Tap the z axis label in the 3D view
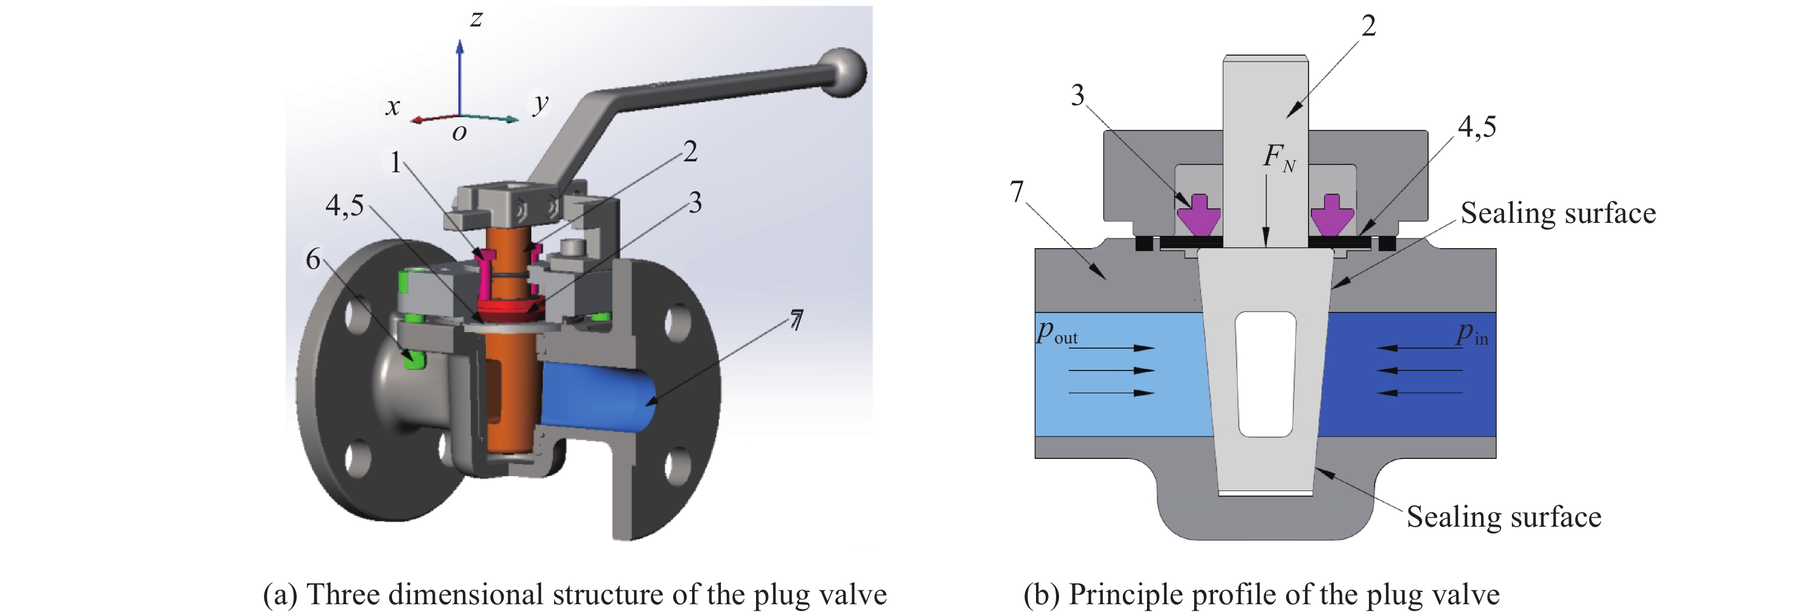476,19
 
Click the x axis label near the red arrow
392,106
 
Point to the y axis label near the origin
539,103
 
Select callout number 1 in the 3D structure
396,163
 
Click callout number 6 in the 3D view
313,259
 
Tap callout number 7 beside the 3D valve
796,320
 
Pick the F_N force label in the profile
1278,157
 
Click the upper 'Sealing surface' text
1557,214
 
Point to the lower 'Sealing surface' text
1503,517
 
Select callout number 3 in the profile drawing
1077,95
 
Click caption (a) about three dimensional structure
574,594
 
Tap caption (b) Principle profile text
1261,594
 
